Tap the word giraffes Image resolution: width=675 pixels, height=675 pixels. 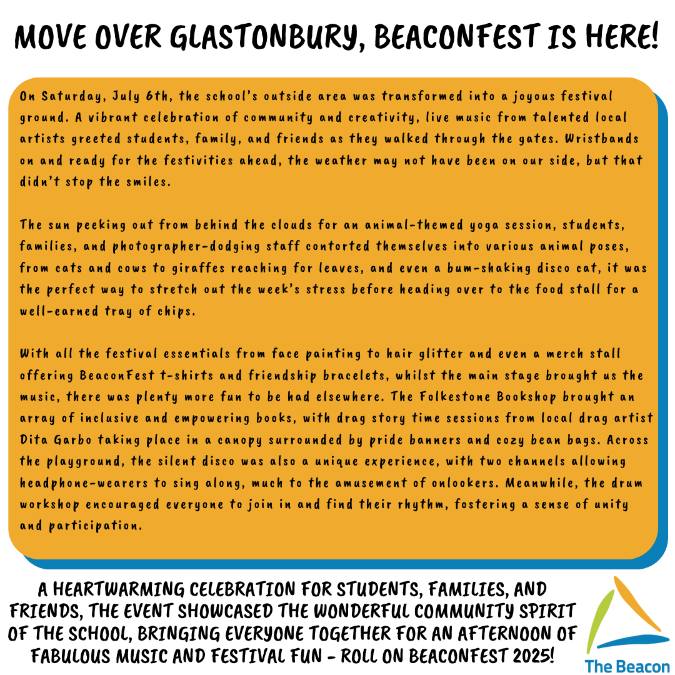click(x=199, y=268)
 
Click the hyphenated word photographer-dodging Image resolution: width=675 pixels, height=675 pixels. click(x=186, y=247)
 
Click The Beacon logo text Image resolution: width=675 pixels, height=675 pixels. click(x=627, y=666)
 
